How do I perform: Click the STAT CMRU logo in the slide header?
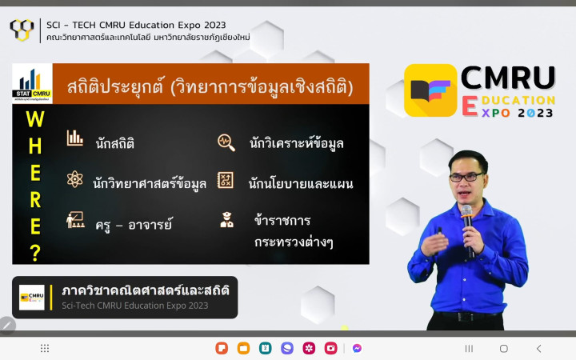tap(32, 83)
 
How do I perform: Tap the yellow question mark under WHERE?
tap(35, 253)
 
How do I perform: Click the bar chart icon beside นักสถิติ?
tap(75, 138)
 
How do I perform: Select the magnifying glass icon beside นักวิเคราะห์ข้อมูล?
tap(226, 142)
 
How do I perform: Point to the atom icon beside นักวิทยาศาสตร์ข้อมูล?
tap(74, 179)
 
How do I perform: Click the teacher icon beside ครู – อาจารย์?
tap(75, 220)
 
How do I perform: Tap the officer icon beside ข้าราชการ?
tap(226, 220)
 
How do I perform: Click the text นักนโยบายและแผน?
tap(301, 183)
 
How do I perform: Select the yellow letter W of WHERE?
tap(35, 119)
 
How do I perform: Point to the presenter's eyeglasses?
tap(466, 177)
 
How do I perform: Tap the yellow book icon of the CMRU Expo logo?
tap(430, 90)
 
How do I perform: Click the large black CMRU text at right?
tap(508, 78)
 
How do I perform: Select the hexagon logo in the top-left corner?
tap(22, 30)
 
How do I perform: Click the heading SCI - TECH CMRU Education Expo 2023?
tap(136, 25)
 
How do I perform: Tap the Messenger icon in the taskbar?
tap(357, 348)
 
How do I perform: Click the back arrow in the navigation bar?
tap(539, 348)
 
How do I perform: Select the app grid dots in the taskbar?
tap(45, 348)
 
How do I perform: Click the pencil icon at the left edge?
tap(7, 325)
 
